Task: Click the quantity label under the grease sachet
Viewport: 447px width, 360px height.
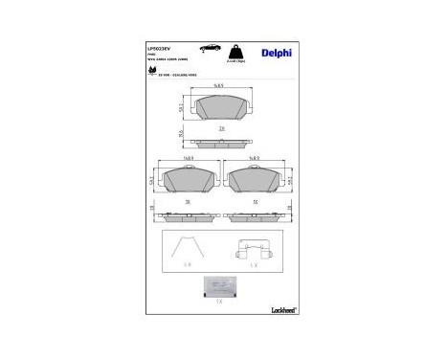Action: coord(221,302)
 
